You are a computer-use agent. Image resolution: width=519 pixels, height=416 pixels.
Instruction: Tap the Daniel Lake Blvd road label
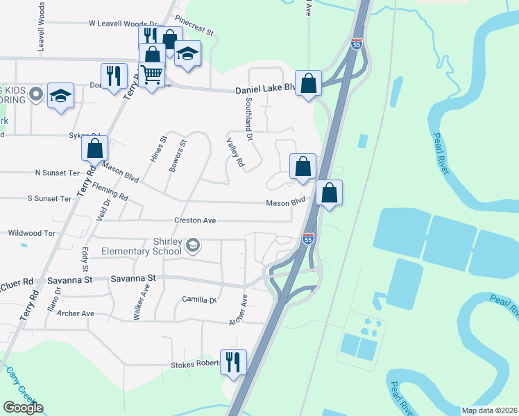point(266,90)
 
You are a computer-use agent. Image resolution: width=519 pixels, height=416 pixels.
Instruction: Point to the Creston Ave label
point(196,220)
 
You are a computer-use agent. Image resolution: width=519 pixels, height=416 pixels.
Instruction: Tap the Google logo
point(23,408)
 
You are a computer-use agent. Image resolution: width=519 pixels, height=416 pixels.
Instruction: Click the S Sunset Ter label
point(49,199)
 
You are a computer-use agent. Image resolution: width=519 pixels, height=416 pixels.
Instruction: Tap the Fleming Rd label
point(110,192)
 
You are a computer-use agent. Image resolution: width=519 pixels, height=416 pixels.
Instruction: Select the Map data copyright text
point(489,410)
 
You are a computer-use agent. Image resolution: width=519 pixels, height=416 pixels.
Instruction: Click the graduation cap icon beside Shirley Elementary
point(194,244)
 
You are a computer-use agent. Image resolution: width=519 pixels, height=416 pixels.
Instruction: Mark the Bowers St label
point(179,155)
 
